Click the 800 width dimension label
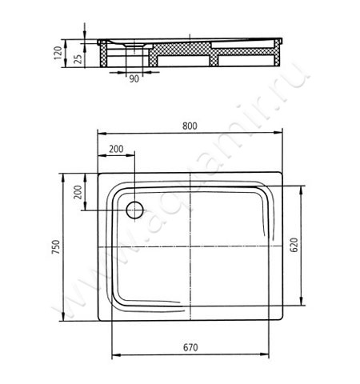point(190,126)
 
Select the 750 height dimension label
point(56,247)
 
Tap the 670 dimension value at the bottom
point(190,347)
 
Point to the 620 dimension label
point(294,245)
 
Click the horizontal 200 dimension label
point(116,149)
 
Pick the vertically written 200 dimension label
point(78,192)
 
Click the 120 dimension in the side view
point(58,53)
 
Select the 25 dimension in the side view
point(78,59)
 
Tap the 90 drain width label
point(134,79)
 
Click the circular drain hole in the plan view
point(134,210)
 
